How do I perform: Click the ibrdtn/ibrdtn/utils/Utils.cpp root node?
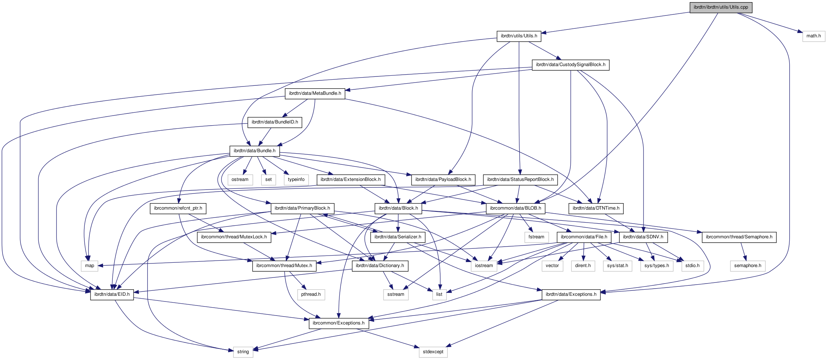[721, 8]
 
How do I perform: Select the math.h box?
[813, 36]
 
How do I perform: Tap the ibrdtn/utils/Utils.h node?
[519, 36]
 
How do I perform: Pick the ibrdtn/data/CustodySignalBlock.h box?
[571, 65]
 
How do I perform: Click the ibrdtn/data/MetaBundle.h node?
[315, 94]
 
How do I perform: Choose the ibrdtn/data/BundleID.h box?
[275, 122]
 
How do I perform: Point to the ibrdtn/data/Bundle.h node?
[255, 151]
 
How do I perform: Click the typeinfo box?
[296, 180]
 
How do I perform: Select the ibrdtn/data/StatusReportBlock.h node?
[520, 180]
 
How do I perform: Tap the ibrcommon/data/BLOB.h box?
[515, 209]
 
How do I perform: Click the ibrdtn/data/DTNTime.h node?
[596, 209]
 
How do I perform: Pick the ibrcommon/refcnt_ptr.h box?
[178, 209]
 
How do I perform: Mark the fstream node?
[536, 237]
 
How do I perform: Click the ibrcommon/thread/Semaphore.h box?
[739, 237]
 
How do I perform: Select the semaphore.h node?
[747, 266]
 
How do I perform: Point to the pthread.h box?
[311, 295]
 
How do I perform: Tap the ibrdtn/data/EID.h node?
[112, 295]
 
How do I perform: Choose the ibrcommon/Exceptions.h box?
[339, 323]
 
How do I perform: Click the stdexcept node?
[433, 352]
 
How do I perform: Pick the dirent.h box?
[583, 266]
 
